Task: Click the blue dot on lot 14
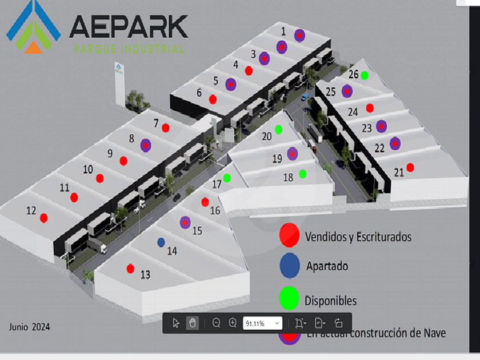(161, 242)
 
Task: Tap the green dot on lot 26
(365, 75)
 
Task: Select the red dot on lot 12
(43, 217)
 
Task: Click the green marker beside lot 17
(227, 178)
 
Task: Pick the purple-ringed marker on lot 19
(293, 153)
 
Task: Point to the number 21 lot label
(399, 171)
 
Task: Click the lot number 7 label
(156, 123)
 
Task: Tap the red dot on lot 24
(370, 107)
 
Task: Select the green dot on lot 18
(302, 173)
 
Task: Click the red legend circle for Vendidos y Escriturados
(290, 234)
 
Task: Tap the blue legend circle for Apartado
(290, 265)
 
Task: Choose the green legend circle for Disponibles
(290, 298)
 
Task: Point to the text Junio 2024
(29, 327)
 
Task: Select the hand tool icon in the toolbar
(193, 323)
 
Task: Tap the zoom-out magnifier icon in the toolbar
(217, 323)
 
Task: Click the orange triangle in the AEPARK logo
(34, 48)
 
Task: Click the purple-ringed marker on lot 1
(299, 35)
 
